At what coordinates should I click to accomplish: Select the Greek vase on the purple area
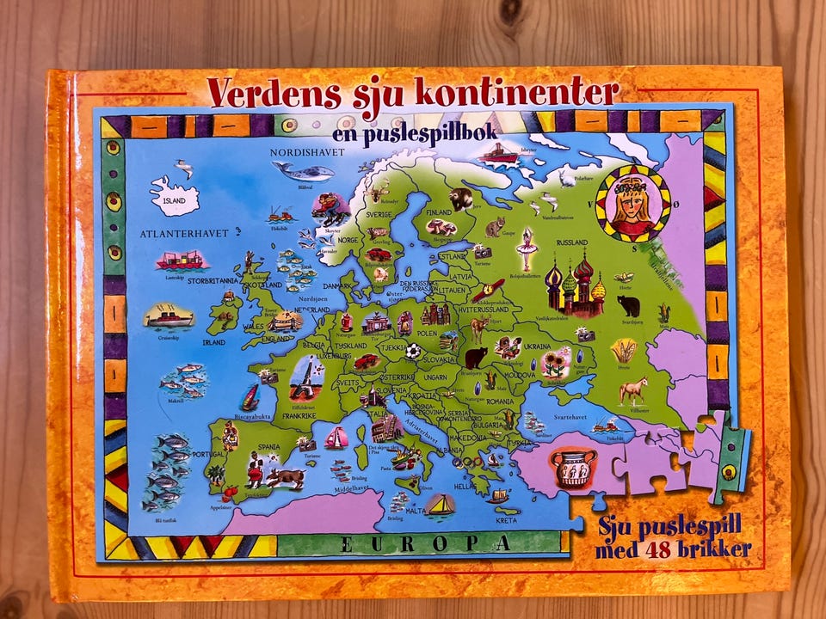pos(572,468)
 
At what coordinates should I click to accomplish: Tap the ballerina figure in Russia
pos(523,248)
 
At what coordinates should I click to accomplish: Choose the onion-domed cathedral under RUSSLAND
pos(575,286)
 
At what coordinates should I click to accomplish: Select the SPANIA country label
pos(267,448)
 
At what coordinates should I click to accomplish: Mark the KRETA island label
pos(508,520)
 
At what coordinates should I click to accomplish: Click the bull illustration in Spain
pos(285,477)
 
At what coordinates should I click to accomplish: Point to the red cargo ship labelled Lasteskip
pos(180,259)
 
